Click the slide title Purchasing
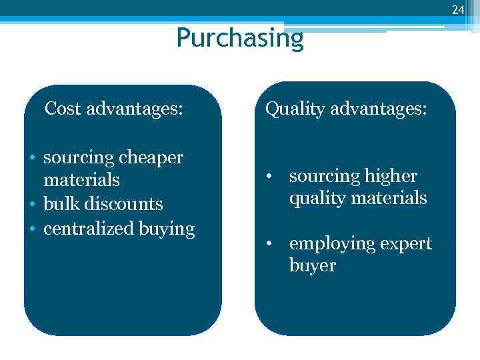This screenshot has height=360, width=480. click(x=240, y=38)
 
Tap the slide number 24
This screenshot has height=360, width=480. click(x=457, y=10)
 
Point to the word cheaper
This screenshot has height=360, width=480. click(x=150, y=158)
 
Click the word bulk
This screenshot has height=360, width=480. click(x=59, y=204)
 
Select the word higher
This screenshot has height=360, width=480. click(x=391, y=176)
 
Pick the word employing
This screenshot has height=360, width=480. click(x=323, y=244)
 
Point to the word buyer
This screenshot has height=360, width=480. click(x=312, y=266)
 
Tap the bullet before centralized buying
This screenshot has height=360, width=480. click(x=32, y=229)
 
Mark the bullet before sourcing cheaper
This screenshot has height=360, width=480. click(x=32, y=159)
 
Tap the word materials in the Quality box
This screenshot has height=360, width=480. click(x=392, y=198)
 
